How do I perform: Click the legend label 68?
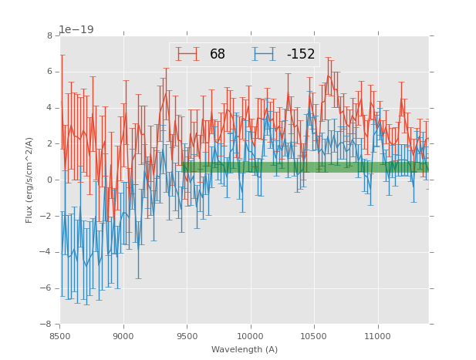(218, 55)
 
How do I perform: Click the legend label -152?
(301, 55)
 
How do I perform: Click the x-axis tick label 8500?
(60, 335)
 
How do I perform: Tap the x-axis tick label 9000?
(123, 335)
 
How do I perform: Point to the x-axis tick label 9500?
(187, 335)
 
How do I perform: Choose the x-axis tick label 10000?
(251, 335)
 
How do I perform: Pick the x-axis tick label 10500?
(314, 335)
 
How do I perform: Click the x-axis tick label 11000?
(377, 335)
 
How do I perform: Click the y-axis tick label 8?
(49, 35)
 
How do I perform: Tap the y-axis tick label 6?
(49, 72)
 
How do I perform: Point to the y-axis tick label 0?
(49, 180)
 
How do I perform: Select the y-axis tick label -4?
(47, 252)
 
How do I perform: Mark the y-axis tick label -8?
(47, 324)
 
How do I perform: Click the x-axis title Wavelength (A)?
(245, 349)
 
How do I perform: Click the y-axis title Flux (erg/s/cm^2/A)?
(29, 180)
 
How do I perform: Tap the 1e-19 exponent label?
(76, 30)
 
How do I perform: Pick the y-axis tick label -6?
(47, 288)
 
